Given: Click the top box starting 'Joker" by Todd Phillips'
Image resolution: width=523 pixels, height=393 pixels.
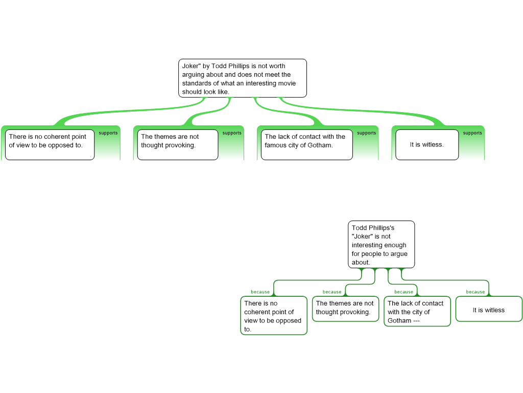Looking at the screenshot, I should coord(243,78).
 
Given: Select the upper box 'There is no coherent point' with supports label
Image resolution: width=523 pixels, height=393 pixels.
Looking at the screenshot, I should coord(50,144).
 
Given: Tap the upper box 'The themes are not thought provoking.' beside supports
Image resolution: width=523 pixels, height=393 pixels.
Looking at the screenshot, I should coord(177,144).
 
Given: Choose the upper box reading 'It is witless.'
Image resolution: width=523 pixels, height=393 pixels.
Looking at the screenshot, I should coord(427,144).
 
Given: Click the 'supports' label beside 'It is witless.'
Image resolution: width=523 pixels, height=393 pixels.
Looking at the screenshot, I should coord(472,133).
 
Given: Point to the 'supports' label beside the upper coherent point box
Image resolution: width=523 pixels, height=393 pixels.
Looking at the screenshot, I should coord(108,133).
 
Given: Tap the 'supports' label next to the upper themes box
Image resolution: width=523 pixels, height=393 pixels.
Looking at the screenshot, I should coord(232,133).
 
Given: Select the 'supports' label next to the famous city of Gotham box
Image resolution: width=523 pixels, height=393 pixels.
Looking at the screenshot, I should coord(366,133).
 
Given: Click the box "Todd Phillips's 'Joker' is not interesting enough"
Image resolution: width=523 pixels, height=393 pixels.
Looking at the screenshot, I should coord(382,245).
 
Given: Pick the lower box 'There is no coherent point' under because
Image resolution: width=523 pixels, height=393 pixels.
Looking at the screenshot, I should coord(274,316).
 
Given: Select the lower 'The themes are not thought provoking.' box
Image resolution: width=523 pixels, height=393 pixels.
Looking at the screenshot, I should coord(345,309).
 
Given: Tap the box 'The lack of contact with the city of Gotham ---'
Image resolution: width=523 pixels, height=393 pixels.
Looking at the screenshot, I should coord(417,311).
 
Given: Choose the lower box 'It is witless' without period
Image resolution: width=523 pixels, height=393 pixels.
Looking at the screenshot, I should coord(489,310).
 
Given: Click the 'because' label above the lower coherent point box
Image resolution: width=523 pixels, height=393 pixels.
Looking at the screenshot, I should coord(260,292).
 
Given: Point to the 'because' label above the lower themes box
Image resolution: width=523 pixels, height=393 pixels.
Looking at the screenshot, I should coord(332,292).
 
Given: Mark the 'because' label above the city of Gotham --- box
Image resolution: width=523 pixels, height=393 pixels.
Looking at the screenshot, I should coord(404,292).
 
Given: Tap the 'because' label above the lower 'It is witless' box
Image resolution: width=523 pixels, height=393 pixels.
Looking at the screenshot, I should coord(476,292).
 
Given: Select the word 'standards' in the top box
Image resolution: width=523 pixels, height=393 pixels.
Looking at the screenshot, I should coord(196,83).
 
